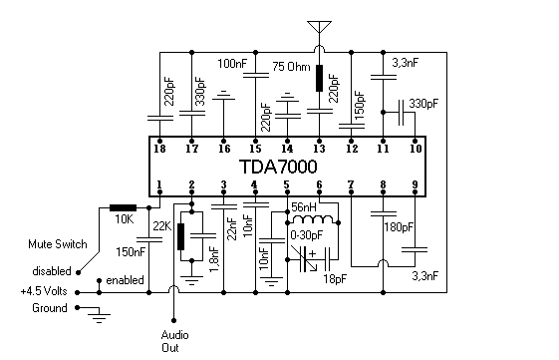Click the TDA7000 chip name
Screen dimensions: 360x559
287,164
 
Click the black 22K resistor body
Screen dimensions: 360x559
180,236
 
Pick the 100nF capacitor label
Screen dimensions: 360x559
232,63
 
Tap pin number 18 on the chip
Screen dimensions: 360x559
160,149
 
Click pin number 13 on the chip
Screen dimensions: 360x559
319,149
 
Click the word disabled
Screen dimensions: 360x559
52,269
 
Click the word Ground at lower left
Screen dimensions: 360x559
48,308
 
